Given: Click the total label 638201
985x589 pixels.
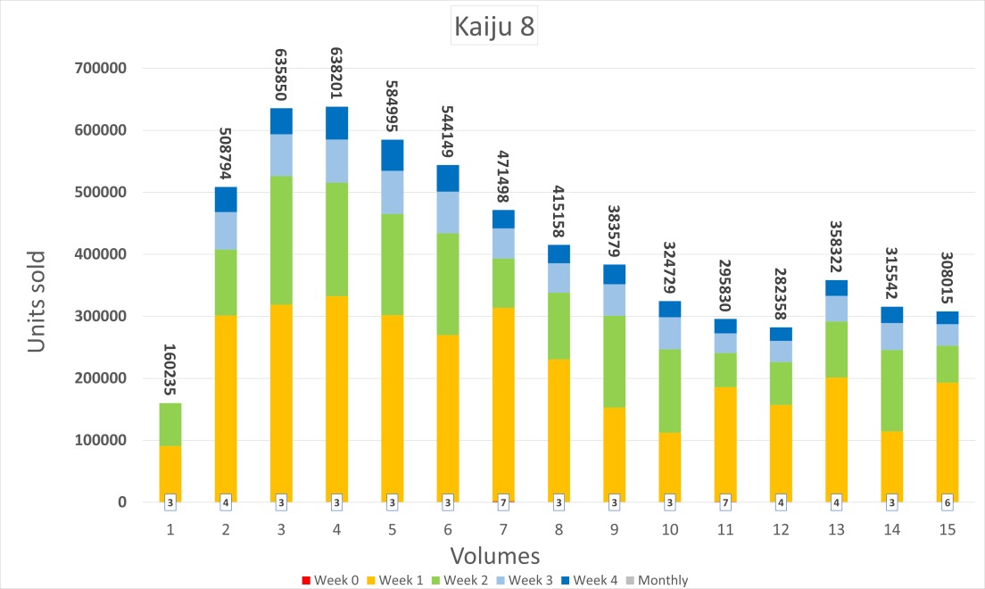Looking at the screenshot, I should (337, 73).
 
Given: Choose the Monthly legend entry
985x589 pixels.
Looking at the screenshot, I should (657, 580).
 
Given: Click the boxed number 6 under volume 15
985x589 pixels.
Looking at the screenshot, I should (947, 502).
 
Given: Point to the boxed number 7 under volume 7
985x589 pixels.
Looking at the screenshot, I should (503, 502).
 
